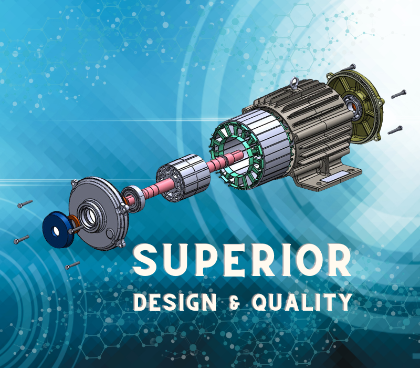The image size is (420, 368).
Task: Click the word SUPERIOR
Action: (242, 260)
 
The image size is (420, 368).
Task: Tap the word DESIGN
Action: (175, 302)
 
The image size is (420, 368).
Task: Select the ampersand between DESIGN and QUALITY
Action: (234, 302)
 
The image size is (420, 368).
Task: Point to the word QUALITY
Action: (302, 302)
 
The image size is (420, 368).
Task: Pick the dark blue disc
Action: (57, 229)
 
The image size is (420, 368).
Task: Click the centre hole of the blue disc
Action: (56, 231)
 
